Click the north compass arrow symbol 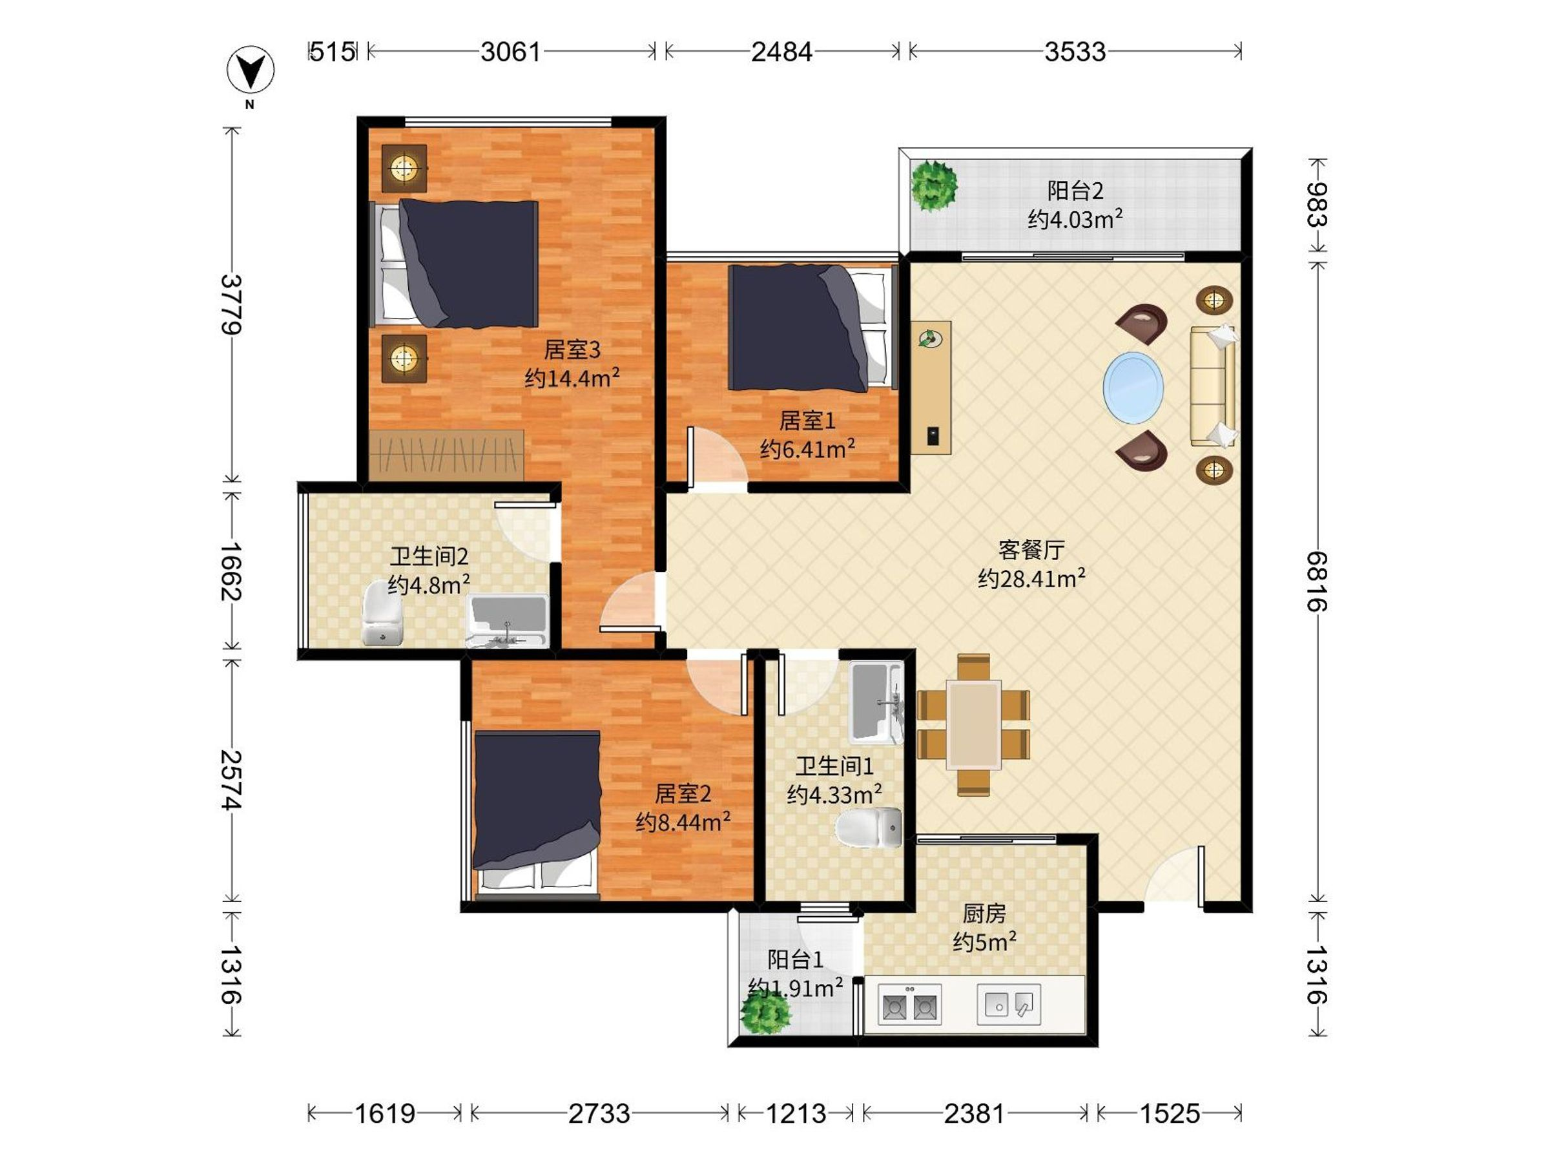point(251,70)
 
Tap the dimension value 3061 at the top point(511,52)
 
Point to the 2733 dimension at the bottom point(599,1113)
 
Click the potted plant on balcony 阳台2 point(933,186)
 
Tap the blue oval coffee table point(1133,388)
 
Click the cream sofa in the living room point(1214,386)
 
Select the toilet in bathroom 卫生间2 point(382,615)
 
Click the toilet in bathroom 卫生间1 point(869,828)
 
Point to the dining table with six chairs point(973,725)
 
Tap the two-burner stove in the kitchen point(909,1005)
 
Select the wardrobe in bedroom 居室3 point(446,455)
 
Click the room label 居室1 point(807,421)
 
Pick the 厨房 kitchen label point(984,914)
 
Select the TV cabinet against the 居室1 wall point(931,388)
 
